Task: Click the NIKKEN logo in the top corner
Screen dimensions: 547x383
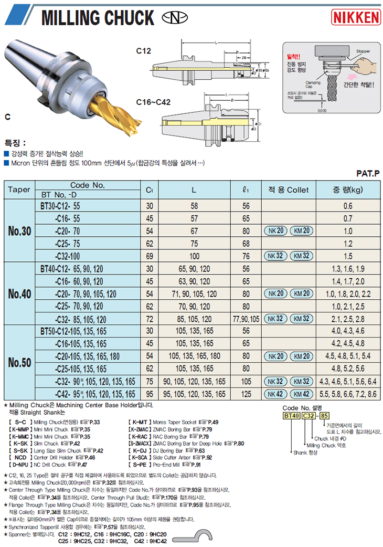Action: click(356, 18)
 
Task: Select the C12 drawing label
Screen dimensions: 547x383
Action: click(143, 51)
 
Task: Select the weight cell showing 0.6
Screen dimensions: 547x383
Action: click(347, 206)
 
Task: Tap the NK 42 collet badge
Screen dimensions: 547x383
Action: click(274, 394)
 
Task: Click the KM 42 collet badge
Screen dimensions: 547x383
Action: click(301, 394)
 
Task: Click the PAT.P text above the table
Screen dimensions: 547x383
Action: click(367, 172)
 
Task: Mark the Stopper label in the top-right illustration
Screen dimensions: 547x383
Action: click(363, 51)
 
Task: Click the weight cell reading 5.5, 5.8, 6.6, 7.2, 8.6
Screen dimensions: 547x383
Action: click(347, 394)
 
